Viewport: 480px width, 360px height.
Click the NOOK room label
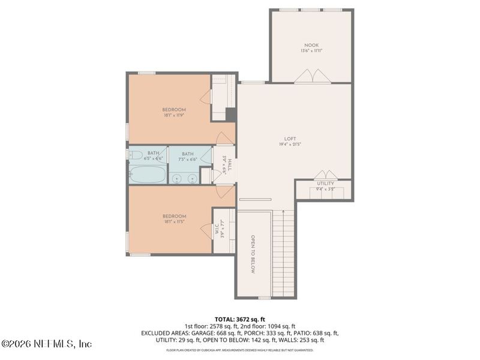[x=311, y=46]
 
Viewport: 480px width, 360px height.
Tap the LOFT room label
[x=290, y=139]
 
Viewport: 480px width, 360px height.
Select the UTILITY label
[x=326, y=184]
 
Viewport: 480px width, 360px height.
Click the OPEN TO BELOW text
[x=253, y=254]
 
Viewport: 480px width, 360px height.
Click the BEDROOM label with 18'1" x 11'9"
[x=174, y=110]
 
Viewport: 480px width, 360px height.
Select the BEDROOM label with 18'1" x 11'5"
[x=174, y=217]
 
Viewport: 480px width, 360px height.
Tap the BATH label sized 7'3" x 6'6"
[x=188, y=154]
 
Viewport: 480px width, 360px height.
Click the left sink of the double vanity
[x=176, y=178]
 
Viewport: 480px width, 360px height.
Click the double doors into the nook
[x=311, y=76]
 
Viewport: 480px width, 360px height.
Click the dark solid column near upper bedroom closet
[x=230, y=114]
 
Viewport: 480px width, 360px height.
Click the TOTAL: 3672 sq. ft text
[x=239, y=319]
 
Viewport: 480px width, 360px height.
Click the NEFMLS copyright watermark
[x=46, y=344]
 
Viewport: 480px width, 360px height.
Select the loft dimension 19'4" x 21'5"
[x=290, y=145]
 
